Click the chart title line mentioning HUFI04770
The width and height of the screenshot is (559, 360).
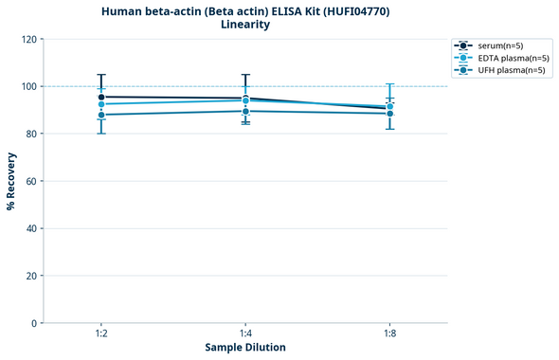coord(244,10)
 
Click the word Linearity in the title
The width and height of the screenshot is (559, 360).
coord(244,25)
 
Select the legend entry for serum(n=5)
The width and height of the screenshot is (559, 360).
coord(498,45)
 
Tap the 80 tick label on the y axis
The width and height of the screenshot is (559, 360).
coord(30,134)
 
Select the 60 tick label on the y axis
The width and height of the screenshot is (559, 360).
coord(30,181)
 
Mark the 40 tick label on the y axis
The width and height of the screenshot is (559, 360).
coord(30,228)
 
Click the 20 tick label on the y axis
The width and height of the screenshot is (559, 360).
coord(30,276)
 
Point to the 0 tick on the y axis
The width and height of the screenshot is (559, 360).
coord(33,323)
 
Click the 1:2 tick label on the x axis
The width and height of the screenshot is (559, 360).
coord(101,334)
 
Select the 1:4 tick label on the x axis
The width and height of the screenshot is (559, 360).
coord(245,334)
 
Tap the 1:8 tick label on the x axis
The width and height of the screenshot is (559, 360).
coord(389,334)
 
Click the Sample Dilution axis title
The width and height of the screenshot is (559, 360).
coord(245,348)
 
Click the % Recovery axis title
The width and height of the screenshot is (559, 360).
coord(10,181)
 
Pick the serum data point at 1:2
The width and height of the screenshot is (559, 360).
coord(101,97)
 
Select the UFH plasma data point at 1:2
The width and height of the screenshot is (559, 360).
coord(101,115)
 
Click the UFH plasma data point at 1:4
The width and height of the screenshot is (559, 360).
coord(245,111)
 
